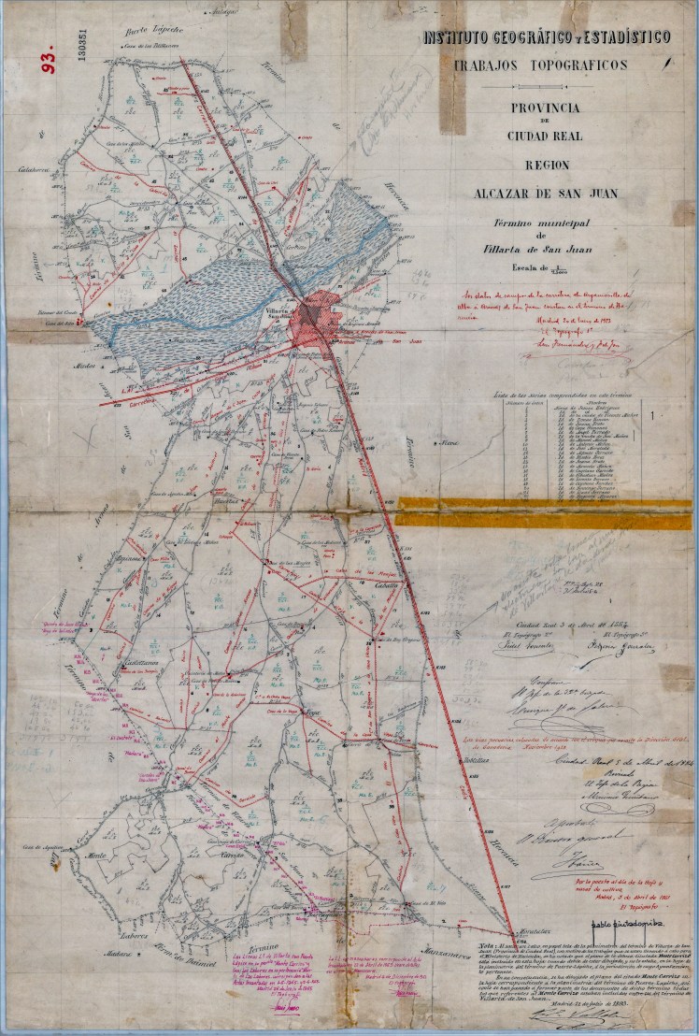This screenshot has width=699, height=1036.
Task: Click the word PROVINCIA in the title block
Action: point(546,108)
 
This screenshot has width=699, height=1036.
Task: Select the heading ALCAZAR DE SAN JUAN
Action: point(546,194)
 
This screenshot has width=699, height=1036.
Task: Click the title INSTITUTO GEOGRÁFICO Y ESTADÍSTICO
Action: point(547,37)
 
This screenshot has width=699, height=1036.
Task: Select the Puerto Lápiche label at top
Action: point(157,29)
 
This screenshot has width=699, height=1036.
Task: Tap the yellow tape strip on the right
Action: point(547,511)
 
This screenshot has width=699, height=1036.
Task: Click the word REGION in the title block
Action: point(547,164)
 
